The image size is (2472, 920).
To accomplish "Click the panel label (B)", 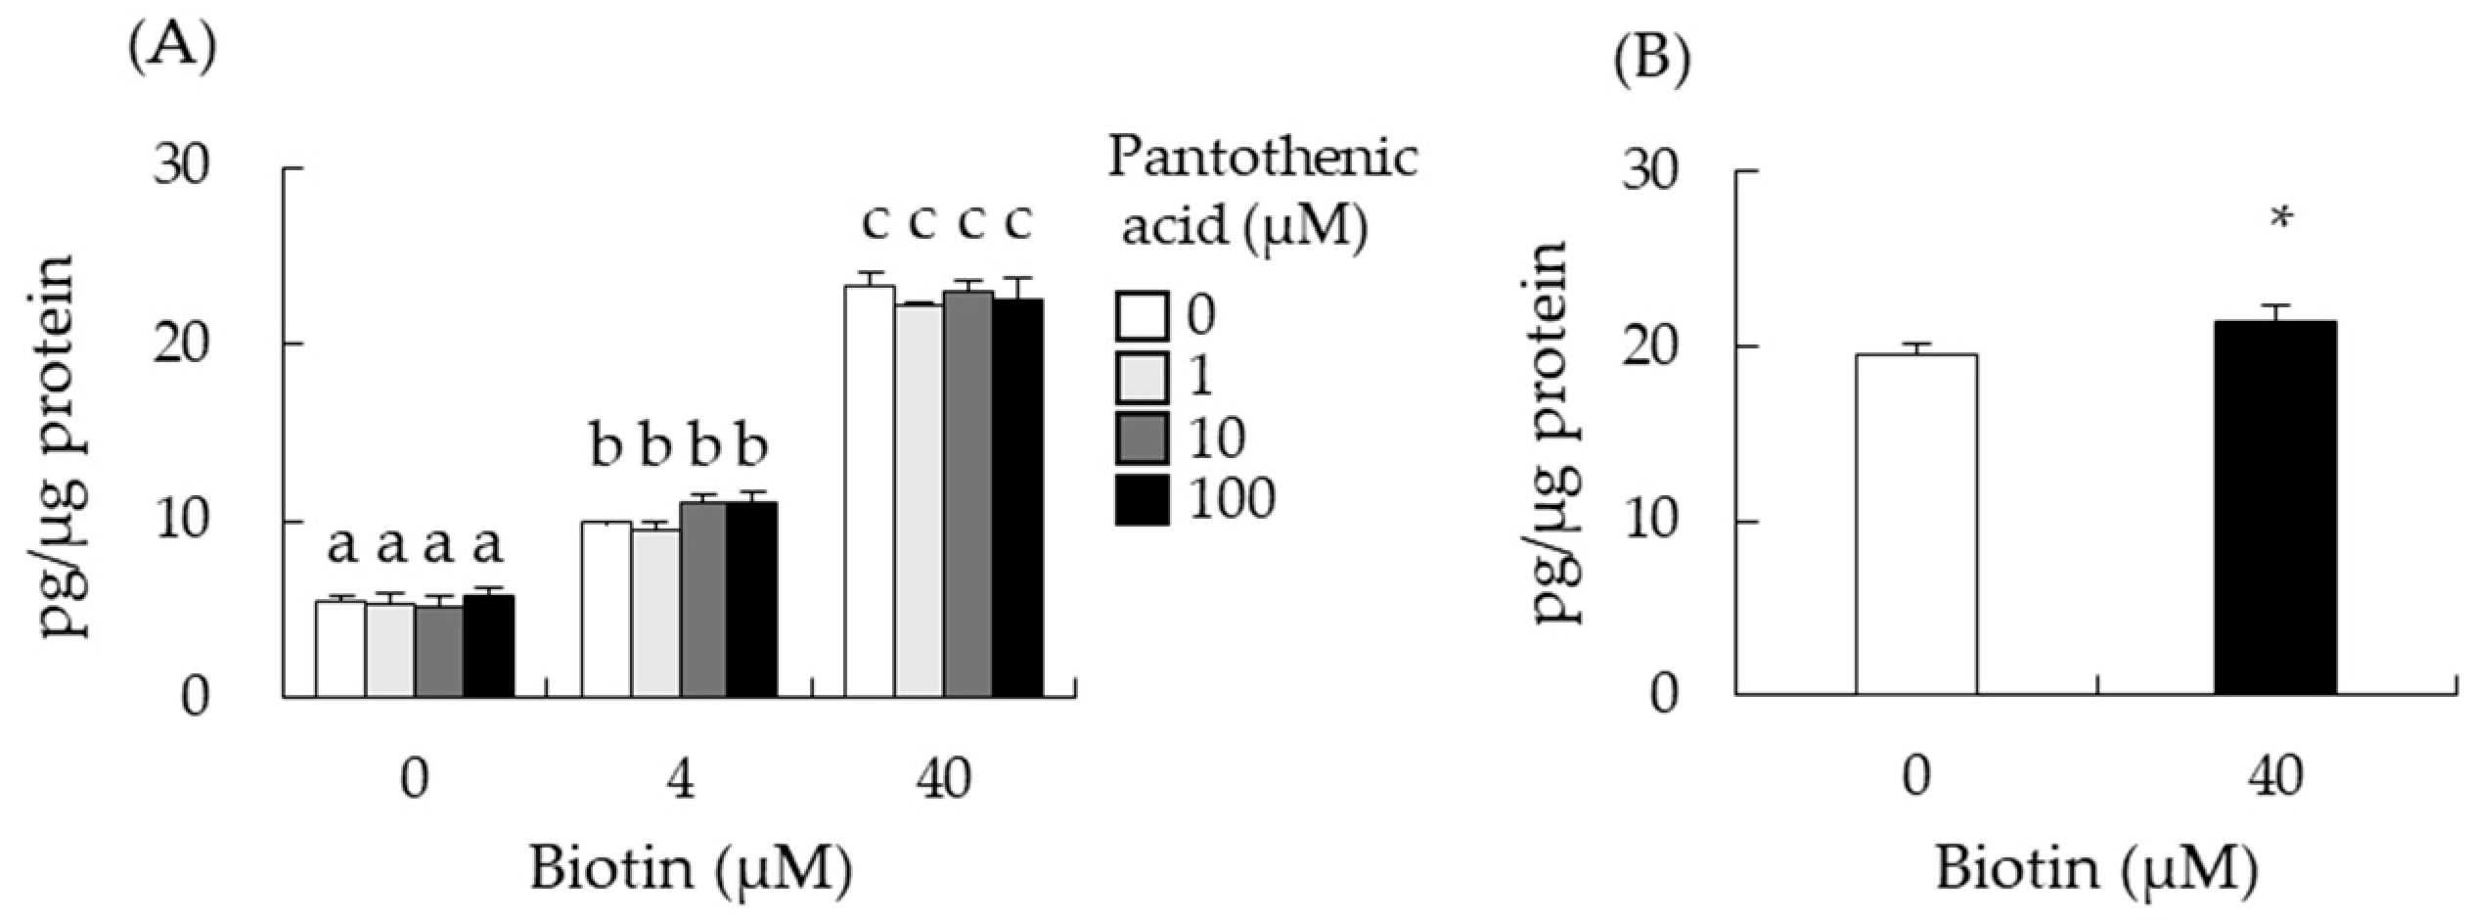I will click(x=1650, y=59).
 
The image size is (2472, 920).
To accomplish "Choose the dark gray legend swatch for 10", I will click(x=1142, y=438).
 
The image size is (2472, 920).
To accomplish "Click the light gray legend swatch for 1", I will click(x=1142, y=378).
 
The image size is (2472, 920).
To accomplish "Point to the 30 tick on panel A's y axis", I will click(x=181, y=168).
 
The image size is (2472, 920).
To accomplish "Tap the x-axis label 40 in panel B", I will click(x=2277, y=779).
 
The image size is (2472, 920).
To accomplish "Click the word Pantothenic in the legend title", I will click(x=1262, y=158).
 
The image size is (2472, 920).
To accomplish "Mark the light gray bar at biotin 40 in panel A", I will click(x=919, y=501).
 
